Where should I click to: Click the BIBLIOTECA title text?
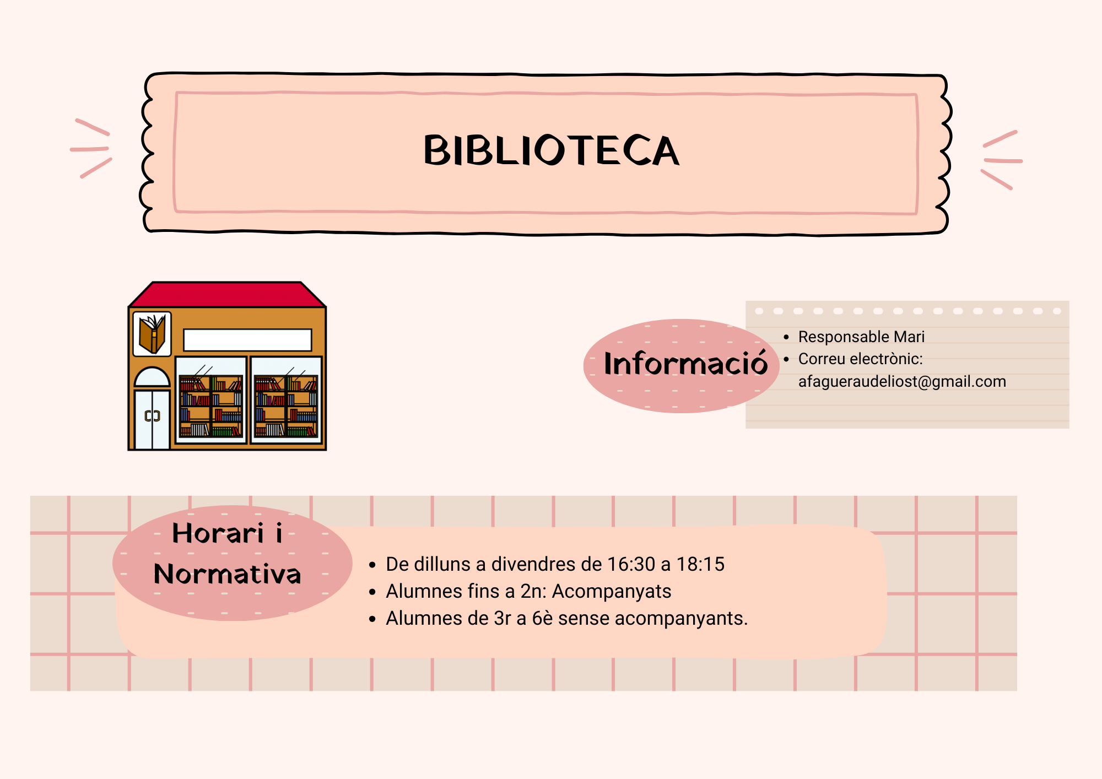click(551, 150)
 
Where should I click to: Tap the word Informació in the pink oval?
click(685, 364)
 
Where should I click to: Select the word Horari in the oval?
click(218, 533)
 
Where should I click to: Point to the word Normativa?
click(228, 574)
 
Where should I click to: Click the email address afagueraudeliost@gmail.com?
click(902, 381)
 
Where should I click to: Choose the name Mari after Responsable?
click(909, 337)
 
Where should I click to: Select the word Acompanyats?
click(612, 591)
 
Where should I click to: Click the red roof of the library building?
click(227, 295)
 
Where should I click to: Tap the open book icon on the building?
click(152, 334)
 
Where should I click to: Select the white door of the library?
click(152, 419)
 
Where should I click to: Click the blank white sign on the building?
click(247, 340)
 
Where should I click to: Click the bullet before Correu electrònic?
click(786, 359)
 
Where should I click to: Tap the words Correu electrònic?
click(860, 359)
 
